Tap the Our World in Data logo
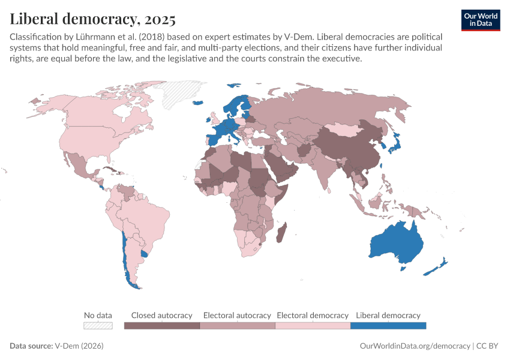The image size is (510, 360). click(x=481, y=20)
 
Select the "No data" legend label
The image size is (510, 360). click(x=98, y=315)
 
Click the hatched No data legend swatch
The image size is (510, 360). click(x=98, y=326)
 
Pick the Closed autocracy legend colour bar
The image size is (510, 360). click(x=162, y=326)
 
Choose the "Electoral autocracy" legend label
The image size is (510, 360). click(x=237, y=315)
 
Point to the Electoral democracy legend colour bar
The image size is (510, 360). click(x=313, y=326)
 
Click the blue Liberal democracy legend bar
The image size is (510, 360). click(x=388, y=326)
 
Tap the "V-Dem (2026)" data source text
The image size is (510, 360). click(x=80, y=346)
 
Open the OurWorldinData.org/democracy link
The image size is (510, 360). click(x=415, y=346)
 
